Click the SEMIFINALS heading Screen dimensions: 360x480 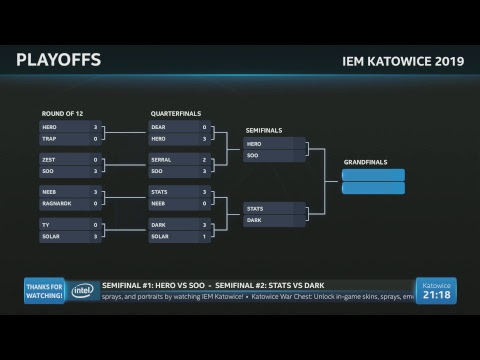coord(263,130)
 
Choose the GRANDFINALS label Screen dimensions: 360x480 coord(363,161)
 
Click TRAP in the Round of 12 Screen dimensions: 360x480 coord(51,139)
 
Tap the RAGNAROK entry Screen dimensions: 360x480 coord(56,202)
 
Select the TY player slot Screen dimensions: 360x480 coord(46,224)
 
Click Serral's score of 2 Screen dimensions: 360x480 coord(204,159)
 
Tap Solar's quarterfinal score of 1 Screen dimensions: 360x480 coord(204,236)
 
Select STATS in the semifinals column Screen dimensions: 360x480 coord(256,208)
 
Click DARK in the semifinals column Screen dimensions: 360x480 coord(255,219)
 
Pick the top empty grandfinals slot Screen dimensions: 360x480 coord(373,175)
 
